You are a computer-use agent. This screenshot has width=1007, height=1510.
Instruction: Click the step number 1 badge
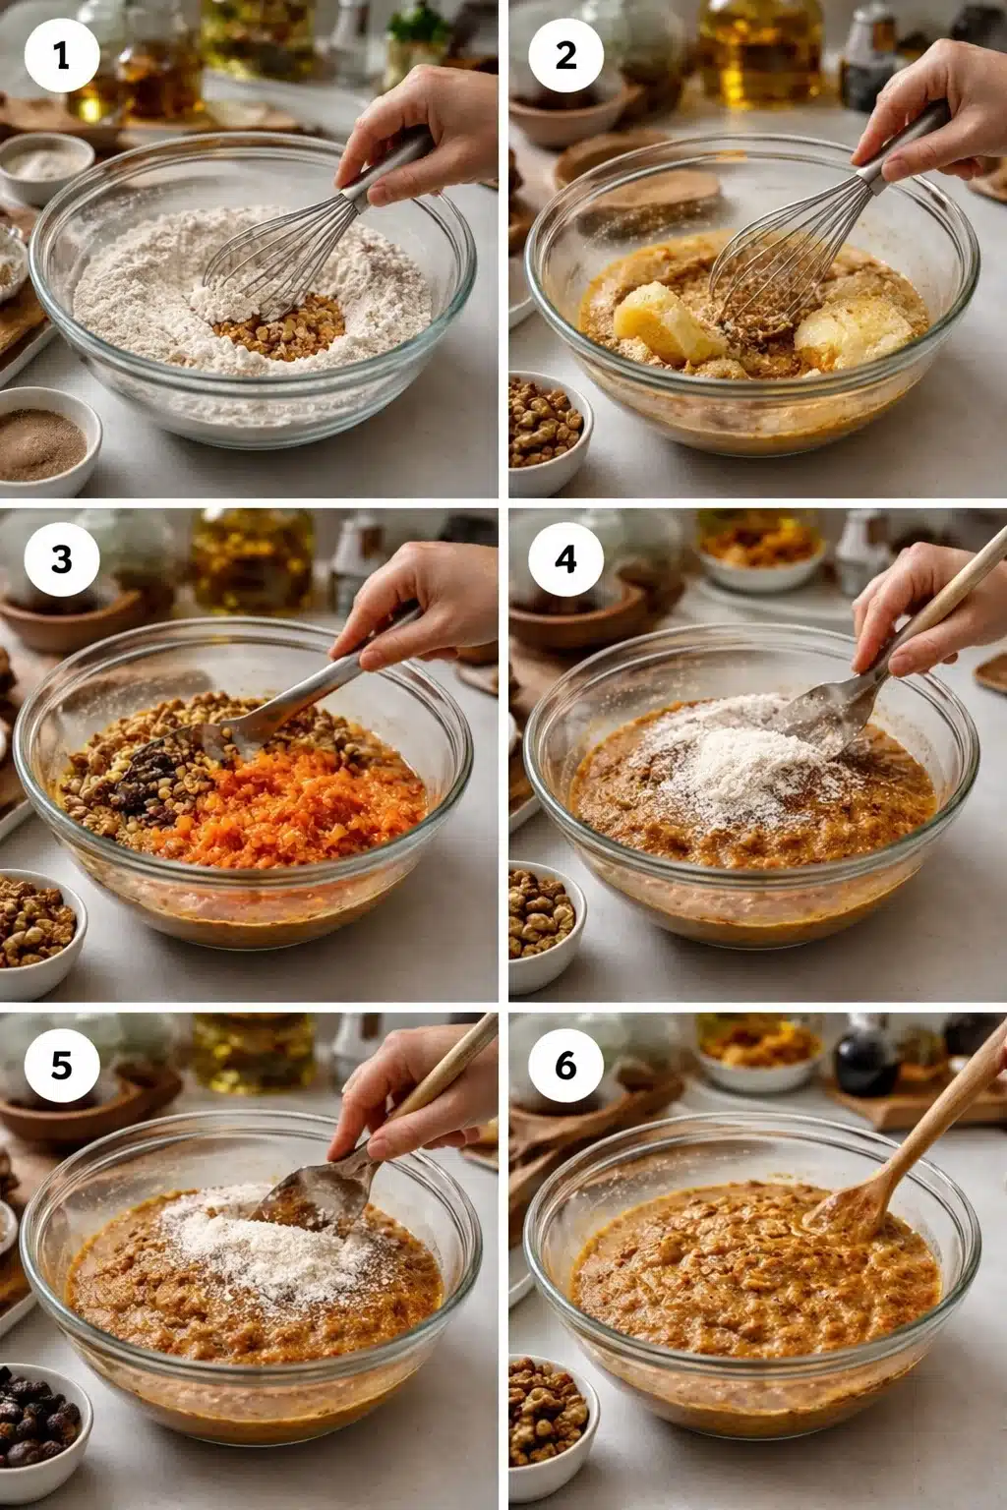pyautogui.click(x=62, y=55)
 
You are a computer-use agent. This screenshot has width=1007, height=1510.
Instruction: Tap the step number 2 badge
pyautogui.click(x=565, y=55)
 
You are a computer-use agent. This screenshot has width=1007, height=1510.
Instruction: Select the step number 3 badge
pyautogui.click(x=62, y=558)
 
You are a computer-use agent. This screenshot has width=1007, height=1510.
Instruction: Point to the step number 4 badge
pyautogui.click(x=565, y=558)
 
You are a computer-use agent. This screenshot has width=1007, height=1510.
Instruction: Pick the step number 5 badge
pyautogui.click(x=62, y=1065)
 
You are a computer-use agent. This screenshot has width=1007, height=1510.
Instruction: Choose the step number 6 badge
pyautogui.click(x=565, y=1065)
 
